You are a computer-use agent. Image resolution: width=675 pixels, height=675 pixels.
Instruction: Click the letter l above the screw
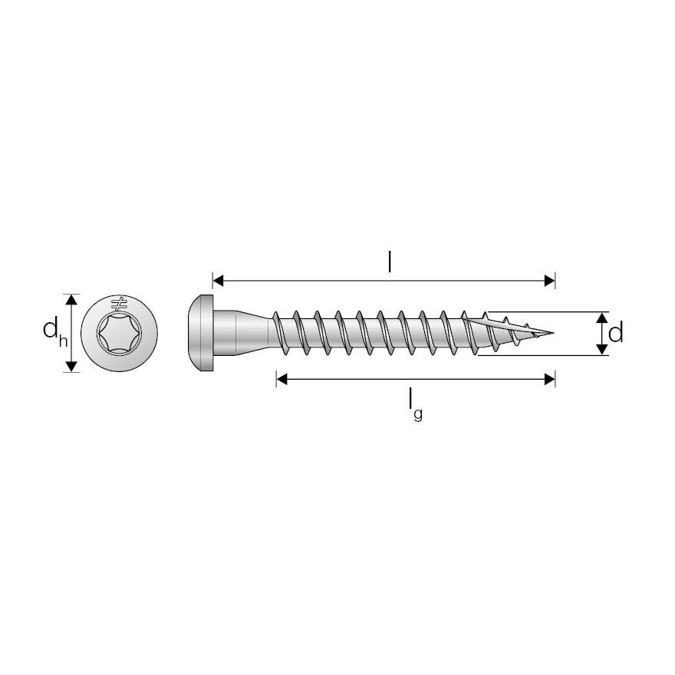[390, 262]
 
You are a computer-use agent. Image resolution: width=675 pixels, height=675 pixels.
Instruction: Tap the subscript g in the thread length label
[418, 416]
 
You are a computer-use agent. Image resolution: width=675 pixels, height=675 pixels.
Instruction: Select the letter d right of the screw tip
[615, 333]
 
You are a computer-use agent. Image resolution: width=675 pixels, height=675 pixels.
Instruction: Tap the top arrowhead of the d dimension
[603, 318]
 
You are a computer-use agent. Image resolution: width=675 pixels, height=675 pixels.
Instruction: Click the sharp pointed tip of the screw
[551, 334]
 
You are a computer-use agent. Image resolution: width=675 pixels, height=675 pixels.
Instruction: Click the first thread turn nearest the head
[281, 334]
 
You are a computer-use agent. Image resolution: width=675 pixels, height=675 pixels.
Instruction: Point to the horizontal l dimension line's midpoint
[384, 281]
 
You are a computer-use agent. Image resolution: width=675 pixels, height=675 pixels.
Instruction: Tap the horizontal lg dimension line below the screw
[415, 379]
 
